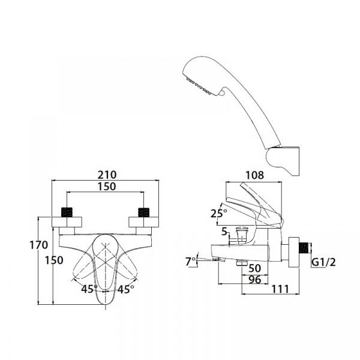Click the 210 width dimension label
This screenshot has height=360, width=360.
point(106,175)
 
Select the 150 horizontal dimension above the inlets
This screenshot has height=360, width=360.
point(106,187)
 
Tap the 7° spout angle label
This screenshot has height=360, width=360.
point(191,261)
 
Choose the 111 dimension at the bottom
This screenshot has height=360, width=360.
point(277,289)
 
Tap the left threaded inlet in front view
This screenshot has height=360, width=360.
point(68,212)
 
